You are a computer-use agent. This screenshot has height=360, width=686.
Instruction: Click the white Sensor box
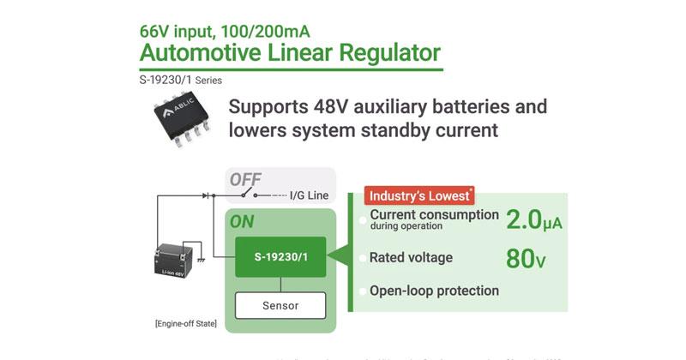pyautogui.click(x=281, y=304)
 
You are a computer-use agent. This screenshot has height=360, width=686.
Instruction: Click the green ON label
pyautogui.click(x=242, y=221)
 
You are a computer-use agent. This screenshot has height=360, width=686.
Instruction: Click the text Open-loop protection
pyautogui.click(x=434, y=291)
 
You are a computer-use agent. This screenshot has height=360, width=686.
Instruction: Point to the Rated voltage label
pyautogui.click(x=410, y=257)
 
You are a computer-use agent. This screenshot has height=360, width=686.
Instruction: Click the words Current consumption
pyautogui.click(x=434, y=214)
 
